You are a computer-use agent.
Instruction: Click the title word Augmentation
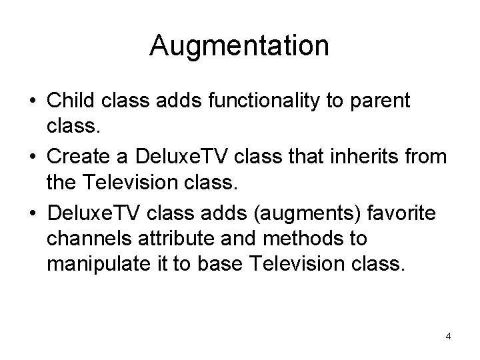click(239, 46)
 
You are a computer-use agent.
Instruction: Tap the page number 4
click(448, 336)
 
